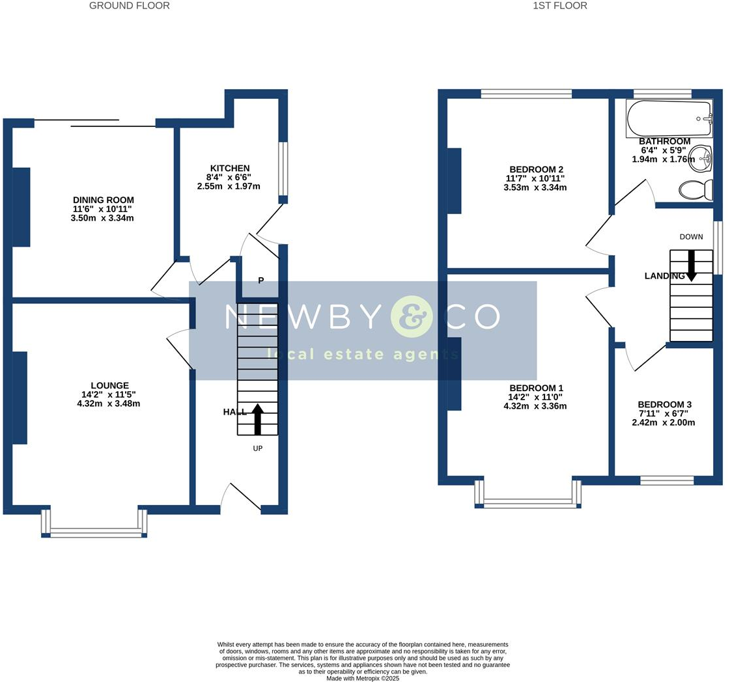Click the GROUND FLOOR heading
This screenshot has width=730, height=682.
coord(130,6)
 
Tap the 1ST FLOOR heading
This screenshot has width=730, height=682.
coord(560,6)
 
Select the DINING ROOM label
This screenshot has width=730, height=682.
coord(104,200)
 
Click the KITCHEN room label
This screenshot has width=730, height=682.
coord(230,168)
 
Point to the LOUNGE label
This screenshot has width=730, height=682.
coord(110,385)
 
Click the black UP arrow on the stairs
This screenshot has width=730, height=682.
coord(257,419)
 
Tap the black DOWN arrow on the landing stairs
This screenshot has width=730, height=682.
coord(692,266)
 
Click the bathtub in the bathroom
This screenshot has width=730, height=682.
coord(669,118)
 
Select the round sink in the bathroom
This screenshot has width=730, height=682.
coord(700,158)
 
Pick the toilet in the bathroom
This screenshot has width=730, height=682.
coord(696,190)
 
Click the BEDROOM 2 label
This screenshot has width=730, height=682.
coord(537,169)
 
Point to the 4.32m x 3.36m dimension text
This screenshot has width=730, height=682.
coord(535,405)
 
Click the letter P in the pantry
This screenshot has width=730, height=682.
coord(261,280)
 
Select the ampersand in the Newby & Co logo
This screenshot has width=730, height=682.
coord(412,316)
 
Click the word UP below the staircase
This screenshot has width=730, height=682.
coord(257,448)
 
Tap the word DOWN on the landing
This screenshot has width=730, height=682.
coord(692,236)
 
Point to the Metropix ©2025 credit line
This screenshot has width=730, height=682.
coord(363,678)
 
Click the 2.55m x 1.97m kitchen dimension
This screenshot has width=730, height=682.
coord(229,186)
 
